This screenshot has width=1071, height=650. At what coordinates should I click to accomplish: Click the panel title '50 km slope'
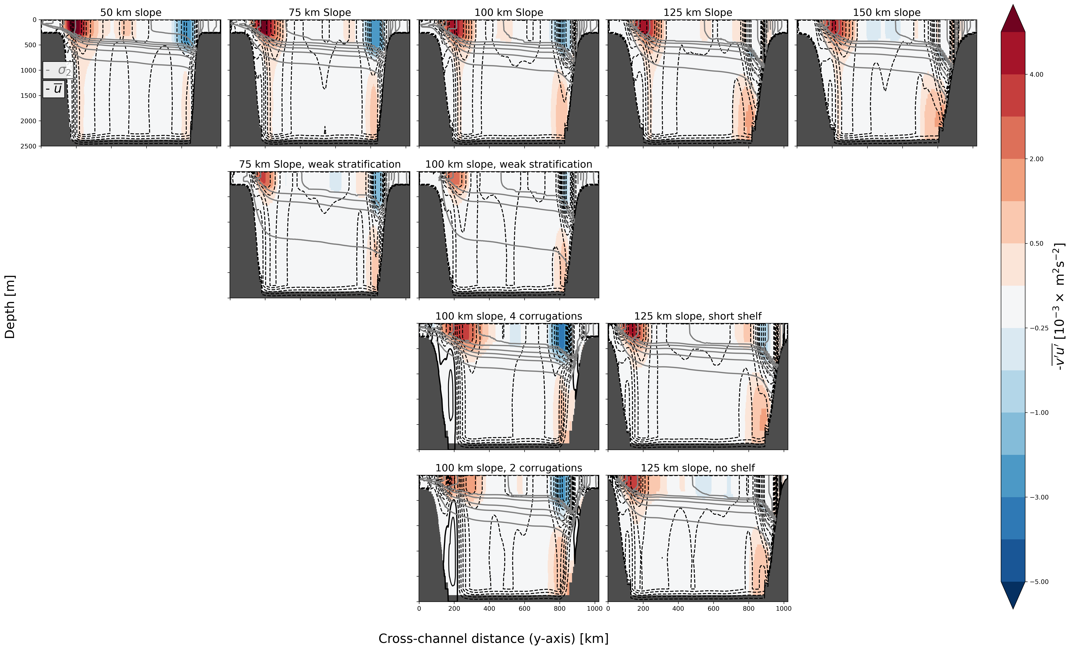click(131, 13)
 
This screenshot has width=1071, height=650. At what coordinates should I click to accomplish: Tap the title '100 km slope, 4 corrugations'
click(508, 316)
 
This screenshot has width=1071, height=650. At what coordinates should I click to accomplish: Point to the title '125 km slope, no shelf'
click(698, 468)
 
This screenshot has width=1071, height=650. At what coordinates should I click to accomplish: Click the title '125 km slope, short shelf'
click(698, 316)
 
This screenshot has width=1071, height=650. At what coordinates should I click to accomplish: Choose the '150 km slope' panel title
click(887, 13)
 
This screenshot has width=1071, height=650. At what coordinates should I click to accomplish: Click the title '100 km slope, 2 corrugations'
click(508, 468)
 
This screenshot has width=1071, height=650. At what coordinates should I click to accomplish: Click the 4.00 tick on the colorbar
click(1036, 74)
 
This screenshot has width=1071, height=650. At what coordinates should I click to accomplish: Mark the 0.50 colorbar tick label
click(1036, 244)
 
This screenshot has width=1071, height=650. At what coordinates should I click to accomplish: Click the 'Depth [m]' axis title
click(10, 307)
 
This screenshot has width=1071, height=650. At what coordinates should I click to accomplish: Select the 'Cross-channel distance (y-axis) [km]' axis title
click(493, 638)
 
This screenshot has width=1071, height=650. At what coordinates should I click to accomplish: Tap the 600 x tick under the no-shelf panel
click(713, 609)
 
